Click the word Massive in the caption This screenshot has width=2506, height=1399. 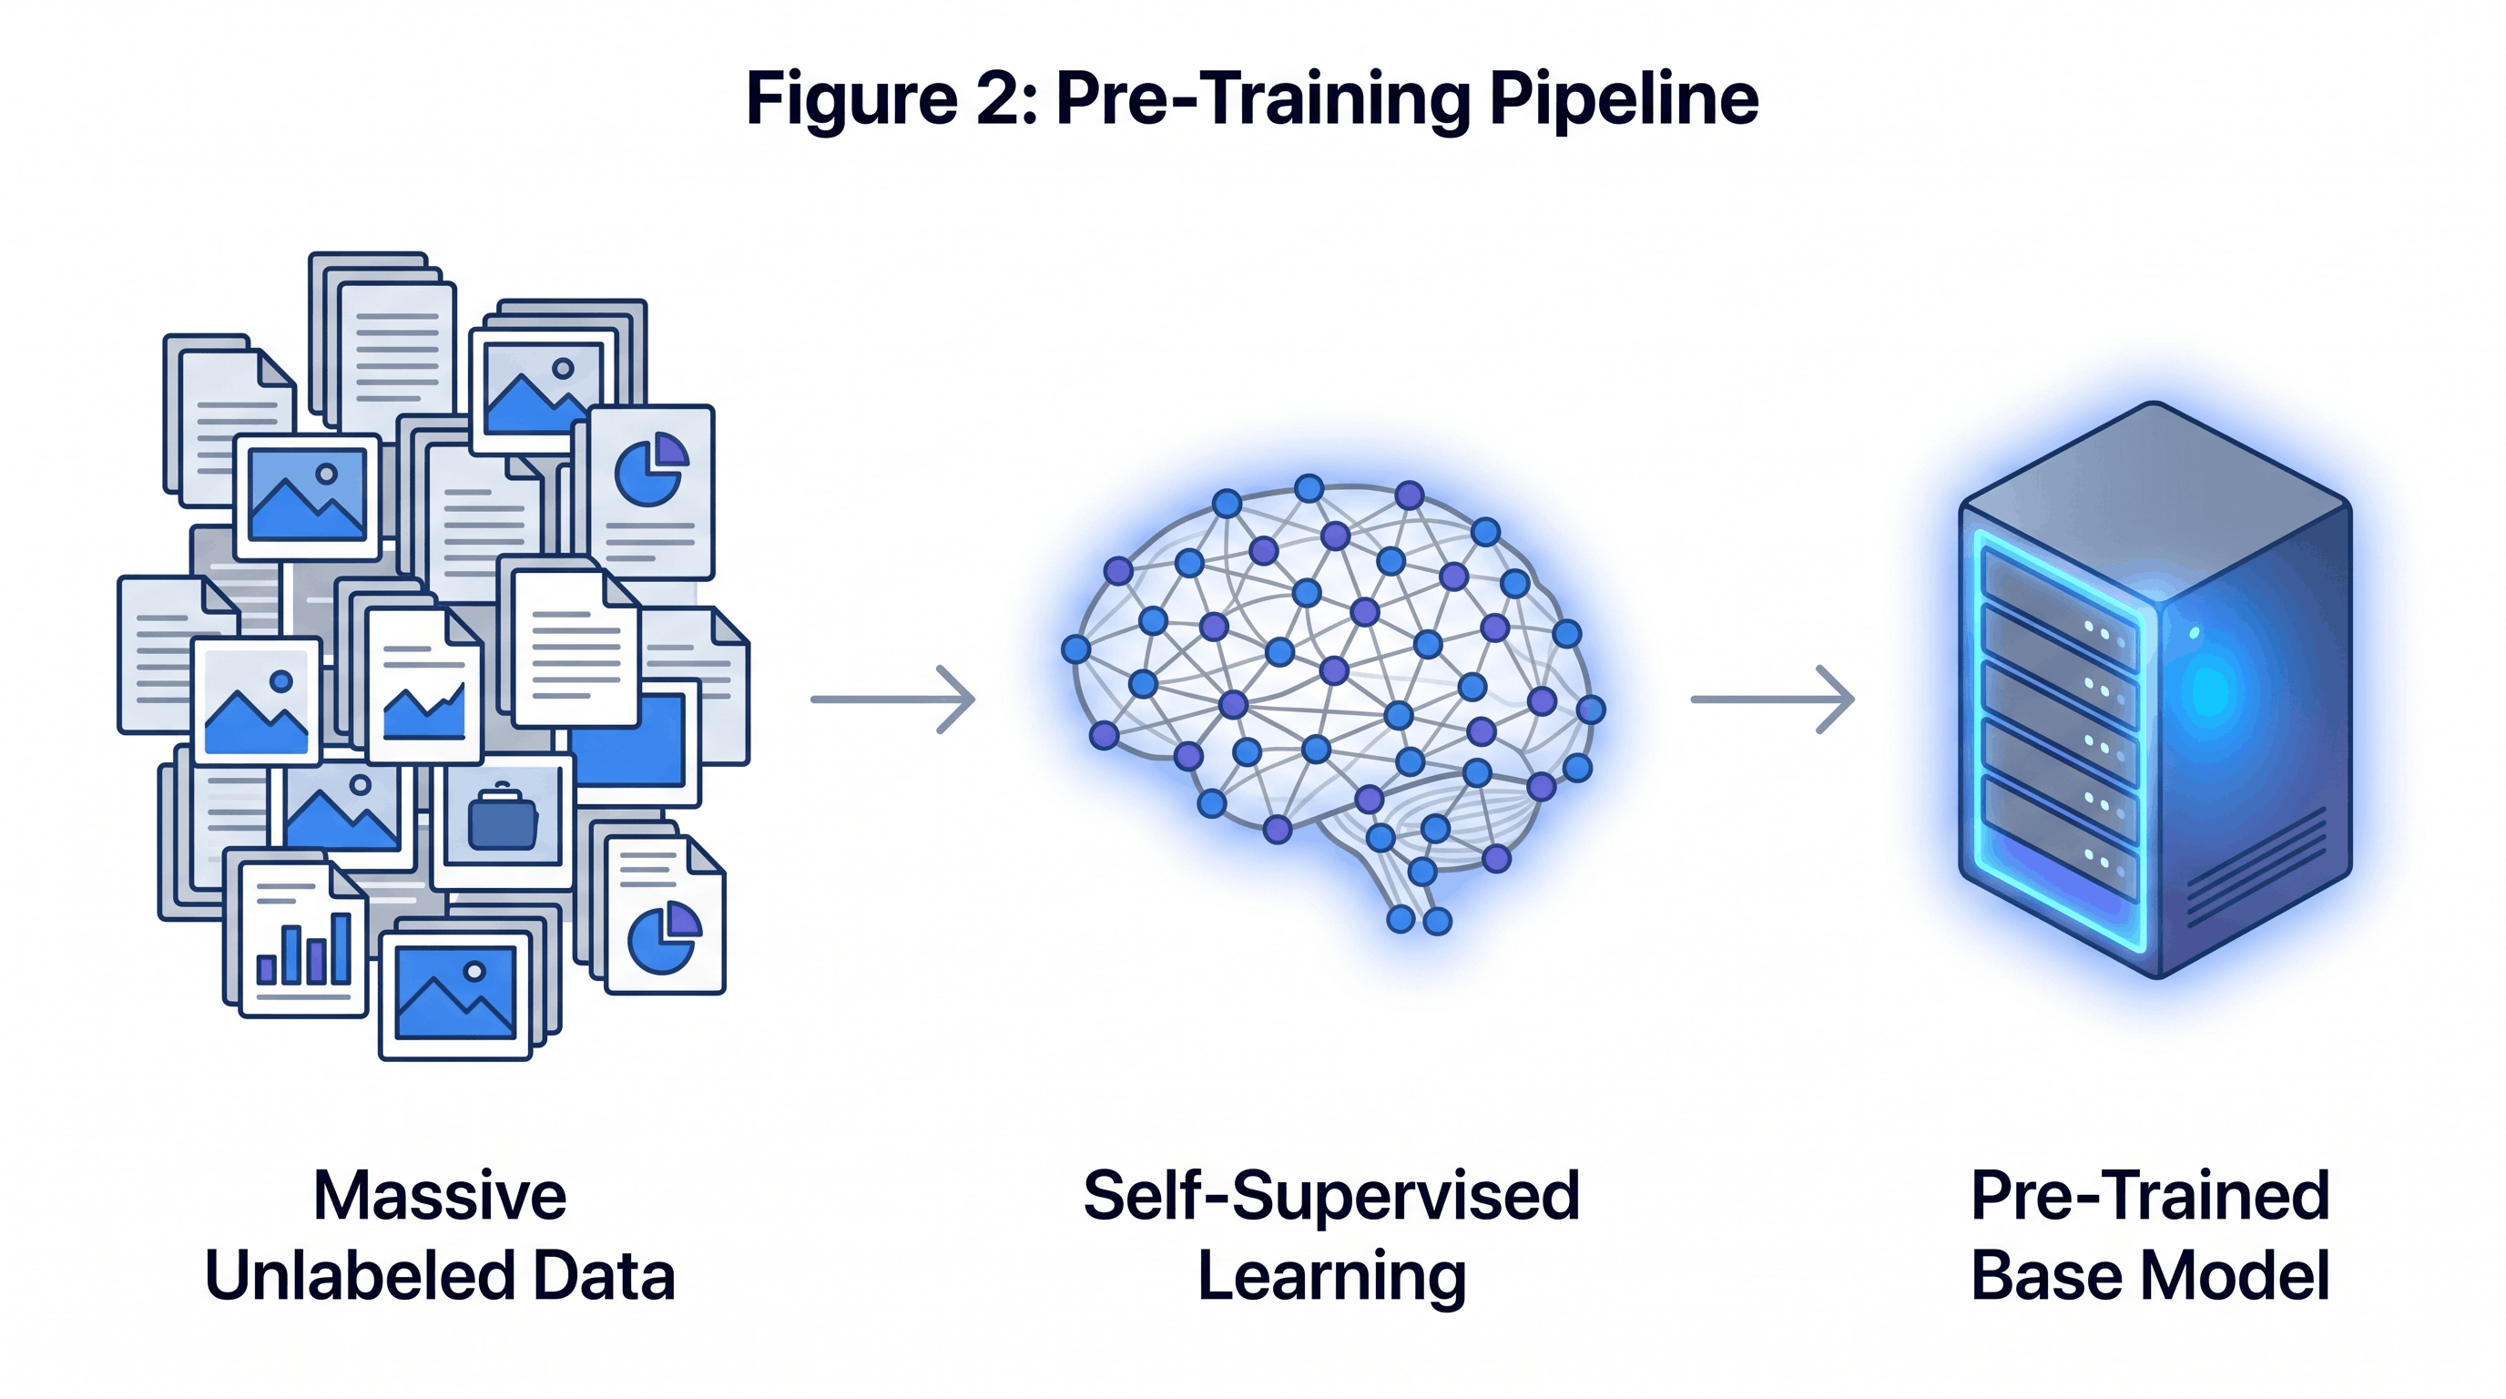pyautogui.click(x=439, y=1196)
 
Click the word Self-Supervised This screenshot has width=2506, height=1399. pyautogui.click(x=1330, y=1196)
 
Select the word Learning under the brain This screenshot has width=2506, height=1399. pyautogui.click(x=1330, y=1277)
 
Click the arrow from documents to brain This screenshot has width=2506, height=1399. pyautogui.click(x=893, y=699)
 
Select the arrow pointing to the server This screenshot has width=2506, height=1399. pyautogui.click(x=1772, y=699)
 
